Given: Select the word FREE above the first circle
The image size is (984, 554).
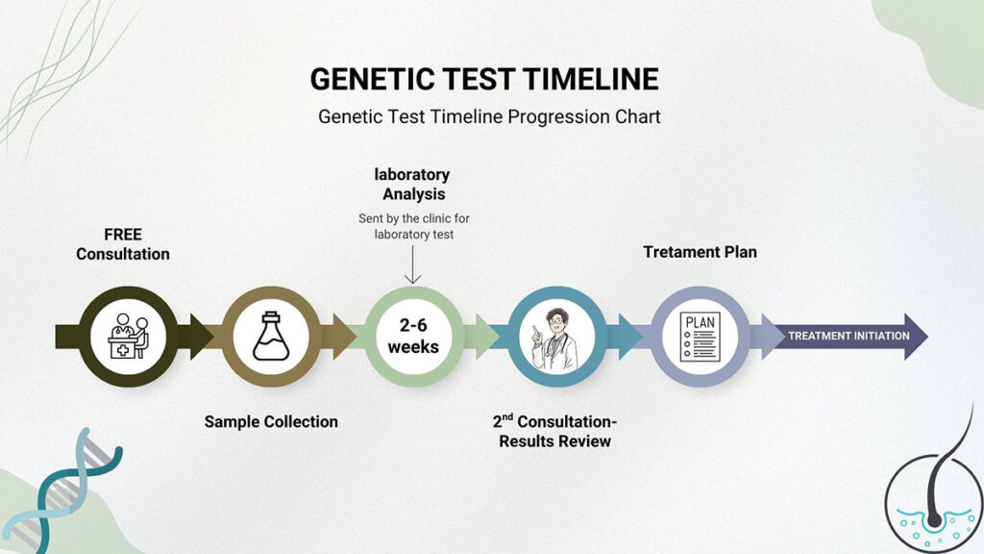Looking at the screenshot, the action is tap(123, 235).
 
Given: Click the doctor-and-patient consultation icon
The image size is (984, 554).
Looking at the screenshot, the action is tap(129, 336).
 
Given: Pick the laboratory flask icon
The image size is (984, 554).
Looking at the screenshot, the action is tap(271, 336).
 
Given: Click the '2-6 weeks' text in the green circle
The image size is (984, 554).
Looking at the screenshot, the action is tap(413, 336).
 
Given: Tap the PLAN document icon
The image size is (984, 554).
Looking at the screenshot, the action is tap(700, 337).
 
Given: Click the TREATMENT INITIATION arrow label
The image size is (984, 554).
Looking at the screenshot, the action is tap(849, 336).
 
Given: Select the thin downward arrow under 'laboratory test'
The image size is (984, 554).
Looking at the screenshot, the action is tap(413, 264).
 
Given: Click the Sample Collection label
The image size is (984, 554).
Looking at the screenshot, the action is tap(271, 421).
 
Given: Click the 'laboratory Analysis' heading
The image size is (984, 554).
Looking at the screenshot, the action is tap(412, 184).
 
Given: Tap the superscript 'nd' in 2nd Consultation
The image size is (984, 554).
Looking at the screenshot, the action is tap(507, 416).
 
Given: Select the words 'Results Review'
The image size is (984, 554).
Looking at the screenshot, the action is tap(554, 441).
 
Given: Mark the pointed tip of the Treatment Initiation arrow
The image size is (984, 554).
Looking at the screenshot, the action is tap(927, 337).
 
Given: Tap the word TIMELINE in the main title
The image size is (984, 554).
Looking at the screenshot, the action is tap(591, 80).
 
